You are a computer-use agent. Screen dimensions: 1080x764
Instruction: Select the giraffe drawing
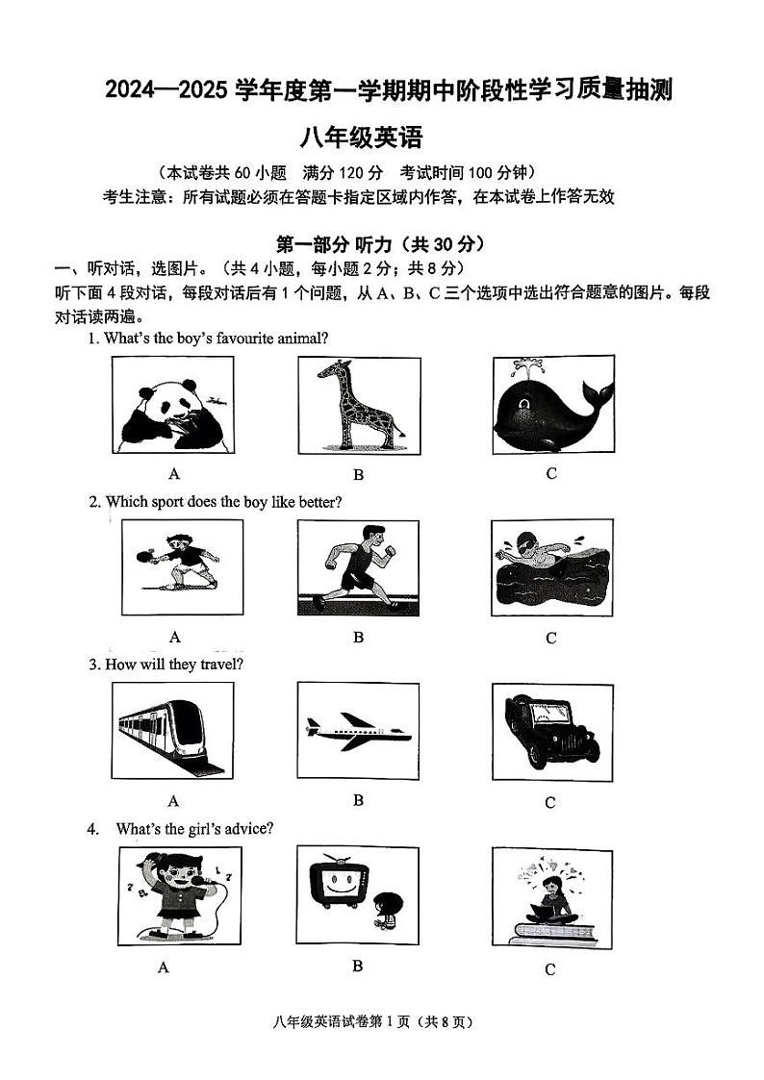(x=359, y=404)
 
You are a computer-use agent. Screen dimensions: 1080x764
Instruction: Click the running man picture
(x=358, y=567)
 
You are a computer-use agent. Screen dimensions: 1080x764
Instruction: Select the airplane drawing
(x=357, y=730)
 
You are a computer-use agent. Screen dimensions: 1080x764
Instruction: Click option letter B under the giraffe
(x=358, y=473)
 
